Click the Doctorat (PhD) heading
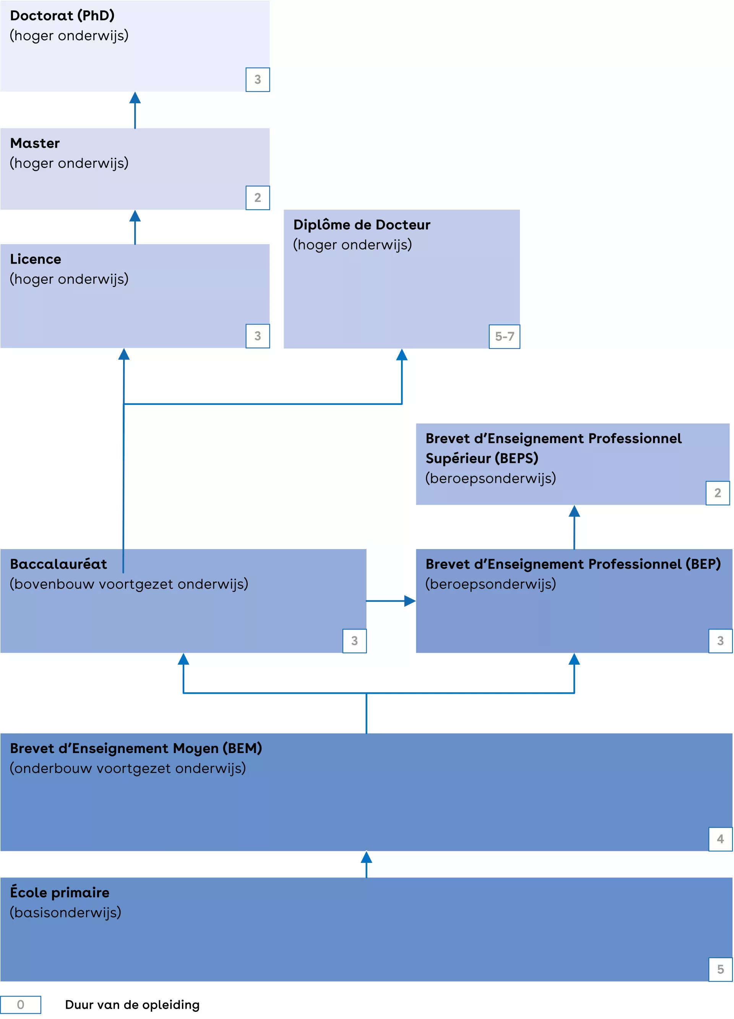62,16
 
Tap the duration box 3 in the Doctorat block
257,80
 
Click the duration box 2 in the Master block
257,198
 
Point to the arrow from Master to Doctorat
135,110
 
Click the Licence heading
36,259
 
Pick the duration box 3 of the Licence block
257,336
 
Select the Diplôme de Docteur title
361,225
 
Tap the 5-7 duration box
504,336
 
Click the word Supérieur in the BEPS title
458,458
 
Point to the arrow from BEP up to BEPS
574,527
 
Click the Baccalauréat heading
58,564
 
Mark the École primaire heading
59,892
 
